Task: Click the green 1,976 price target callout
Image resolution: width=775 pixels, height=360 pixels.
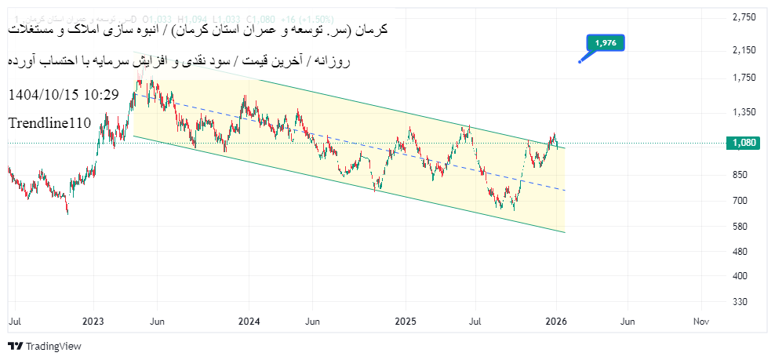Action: pos(605,43)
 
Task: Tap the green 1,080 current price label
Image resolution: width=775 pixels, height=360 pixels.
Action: pos(743,143)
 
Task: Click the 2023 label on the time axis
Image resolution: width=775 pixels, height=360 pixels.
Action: pos(94,322)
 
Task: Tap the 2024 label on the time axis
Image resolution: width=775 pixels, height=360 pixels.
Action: pos(249,322)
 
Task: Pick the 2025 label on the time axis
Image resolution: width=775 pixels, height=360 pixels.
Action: pos(406,322)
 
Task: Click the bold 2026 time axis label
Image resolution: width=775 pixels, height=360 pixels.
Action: pos(556,322)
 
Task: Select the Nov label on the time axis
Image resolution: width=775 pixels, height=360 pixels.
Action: pos(701,322)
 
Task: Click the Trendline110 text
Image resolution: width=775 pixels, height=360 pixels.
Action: pos(49,123)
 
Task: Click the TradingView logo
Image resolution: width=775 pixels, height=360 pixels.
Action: pos(45,346)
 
